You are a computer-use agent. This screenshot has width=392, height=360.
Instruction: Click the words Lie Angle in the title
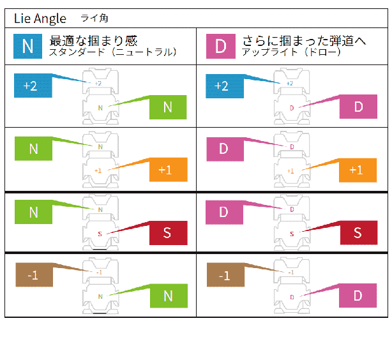[x=40, y=19]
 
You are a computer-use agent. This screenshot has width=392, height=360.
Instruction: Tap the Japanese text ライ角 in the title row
[x=94, y=19]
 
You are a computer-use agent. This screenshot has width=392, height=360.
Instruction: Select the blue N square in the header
[x=27, y=45]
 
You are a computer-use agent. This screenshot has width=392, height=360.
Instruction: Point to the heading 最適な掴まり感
[x=94, y=40]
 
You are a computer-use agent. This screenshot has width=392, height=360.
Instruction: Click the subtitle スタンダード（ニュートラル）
[x=112, y=52]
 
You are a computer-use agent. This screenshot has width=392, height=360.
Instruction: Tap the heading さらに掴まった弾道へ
[x=304, y=40]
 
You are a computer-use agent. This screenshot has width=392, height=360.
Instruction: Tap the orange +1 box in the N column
[x=167, y=170]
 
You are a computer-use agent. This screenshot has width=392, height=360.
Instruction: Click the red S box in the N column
[x=167, y=233]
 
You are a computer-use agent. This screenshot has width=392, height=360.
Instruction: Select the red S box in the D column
[x=359, y=233]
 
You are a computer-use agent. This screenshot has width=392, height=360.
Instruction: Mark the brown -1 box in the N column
[x=32, y=276]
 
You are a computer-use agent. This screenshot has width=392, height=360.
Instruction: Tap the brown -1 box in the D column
[x=223, y=276]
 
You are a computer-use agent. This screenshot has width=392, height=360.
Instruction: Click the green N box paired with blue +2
[x=167, y=107]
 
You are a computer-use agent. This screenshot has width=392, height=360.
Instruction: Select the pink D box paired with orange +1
[x=223, y=149]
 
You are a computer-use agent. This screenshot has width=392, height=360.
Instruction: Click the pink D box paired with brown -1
[x=359, y=296]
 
